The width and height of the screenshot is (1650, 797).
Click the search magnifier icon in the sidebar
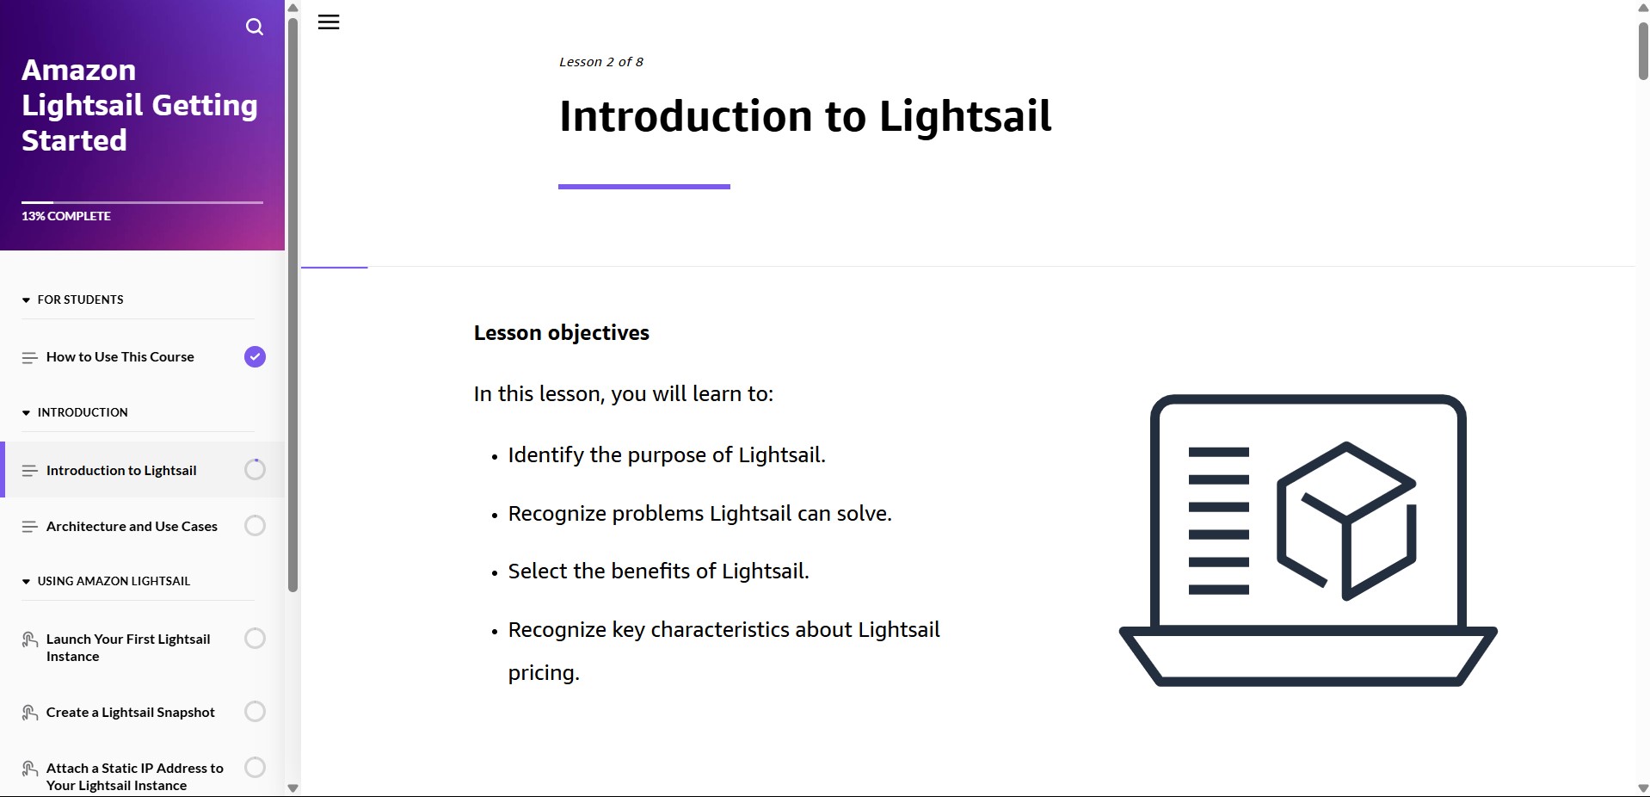[x=255, y=27]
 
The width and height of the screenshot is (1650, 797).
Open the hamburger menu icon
[x=329, y=22]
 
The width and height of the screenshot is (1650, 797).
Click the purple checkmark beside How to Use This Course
[x=255, y=356]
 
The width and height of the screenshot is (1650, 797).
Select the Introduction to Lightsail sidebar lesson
[x=121, y=470]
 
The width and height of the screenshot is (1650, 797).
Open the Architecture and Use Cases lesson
[x=132, y=526]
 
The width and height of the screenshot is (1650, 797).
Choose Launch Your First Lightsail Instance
[x=128, y=647]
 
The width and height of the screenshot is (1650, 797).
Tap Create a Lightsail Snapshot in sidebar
[x=131, y=712]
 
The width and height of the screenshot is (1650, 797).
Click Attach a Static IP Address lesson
[x=135, y=776]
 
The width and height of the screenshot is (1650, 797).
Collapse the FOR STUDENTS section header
[x=80, y=300]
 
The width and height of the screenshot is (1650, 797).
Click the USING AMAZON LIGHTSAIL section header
[x=114, y=581]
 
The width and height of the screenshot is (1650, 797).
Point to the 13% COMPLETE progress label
[x=66, y=216]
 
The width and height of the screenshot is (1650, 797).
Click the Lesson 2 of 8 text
[x=601, y=62]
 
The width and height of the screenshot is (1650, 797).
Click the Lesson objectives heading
[x=562, y=333]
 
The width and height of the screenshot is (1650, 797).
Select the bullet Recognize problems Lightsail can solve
[x=700, y=514]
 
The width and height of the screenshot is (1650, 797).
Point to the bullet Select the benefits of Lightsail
[x=659, y=571]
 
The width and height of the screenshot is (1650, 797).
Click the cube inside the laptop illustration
[x=1346, y=521]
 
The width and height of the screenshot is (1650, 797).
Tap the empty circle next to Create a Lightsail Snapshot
[x=255, y=711]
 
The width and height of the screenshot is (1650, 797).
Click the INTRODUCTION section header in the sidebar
[x=83, y=412]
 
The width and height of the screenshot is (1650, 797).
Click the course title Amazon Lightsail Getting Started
[x=139, y=105]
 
